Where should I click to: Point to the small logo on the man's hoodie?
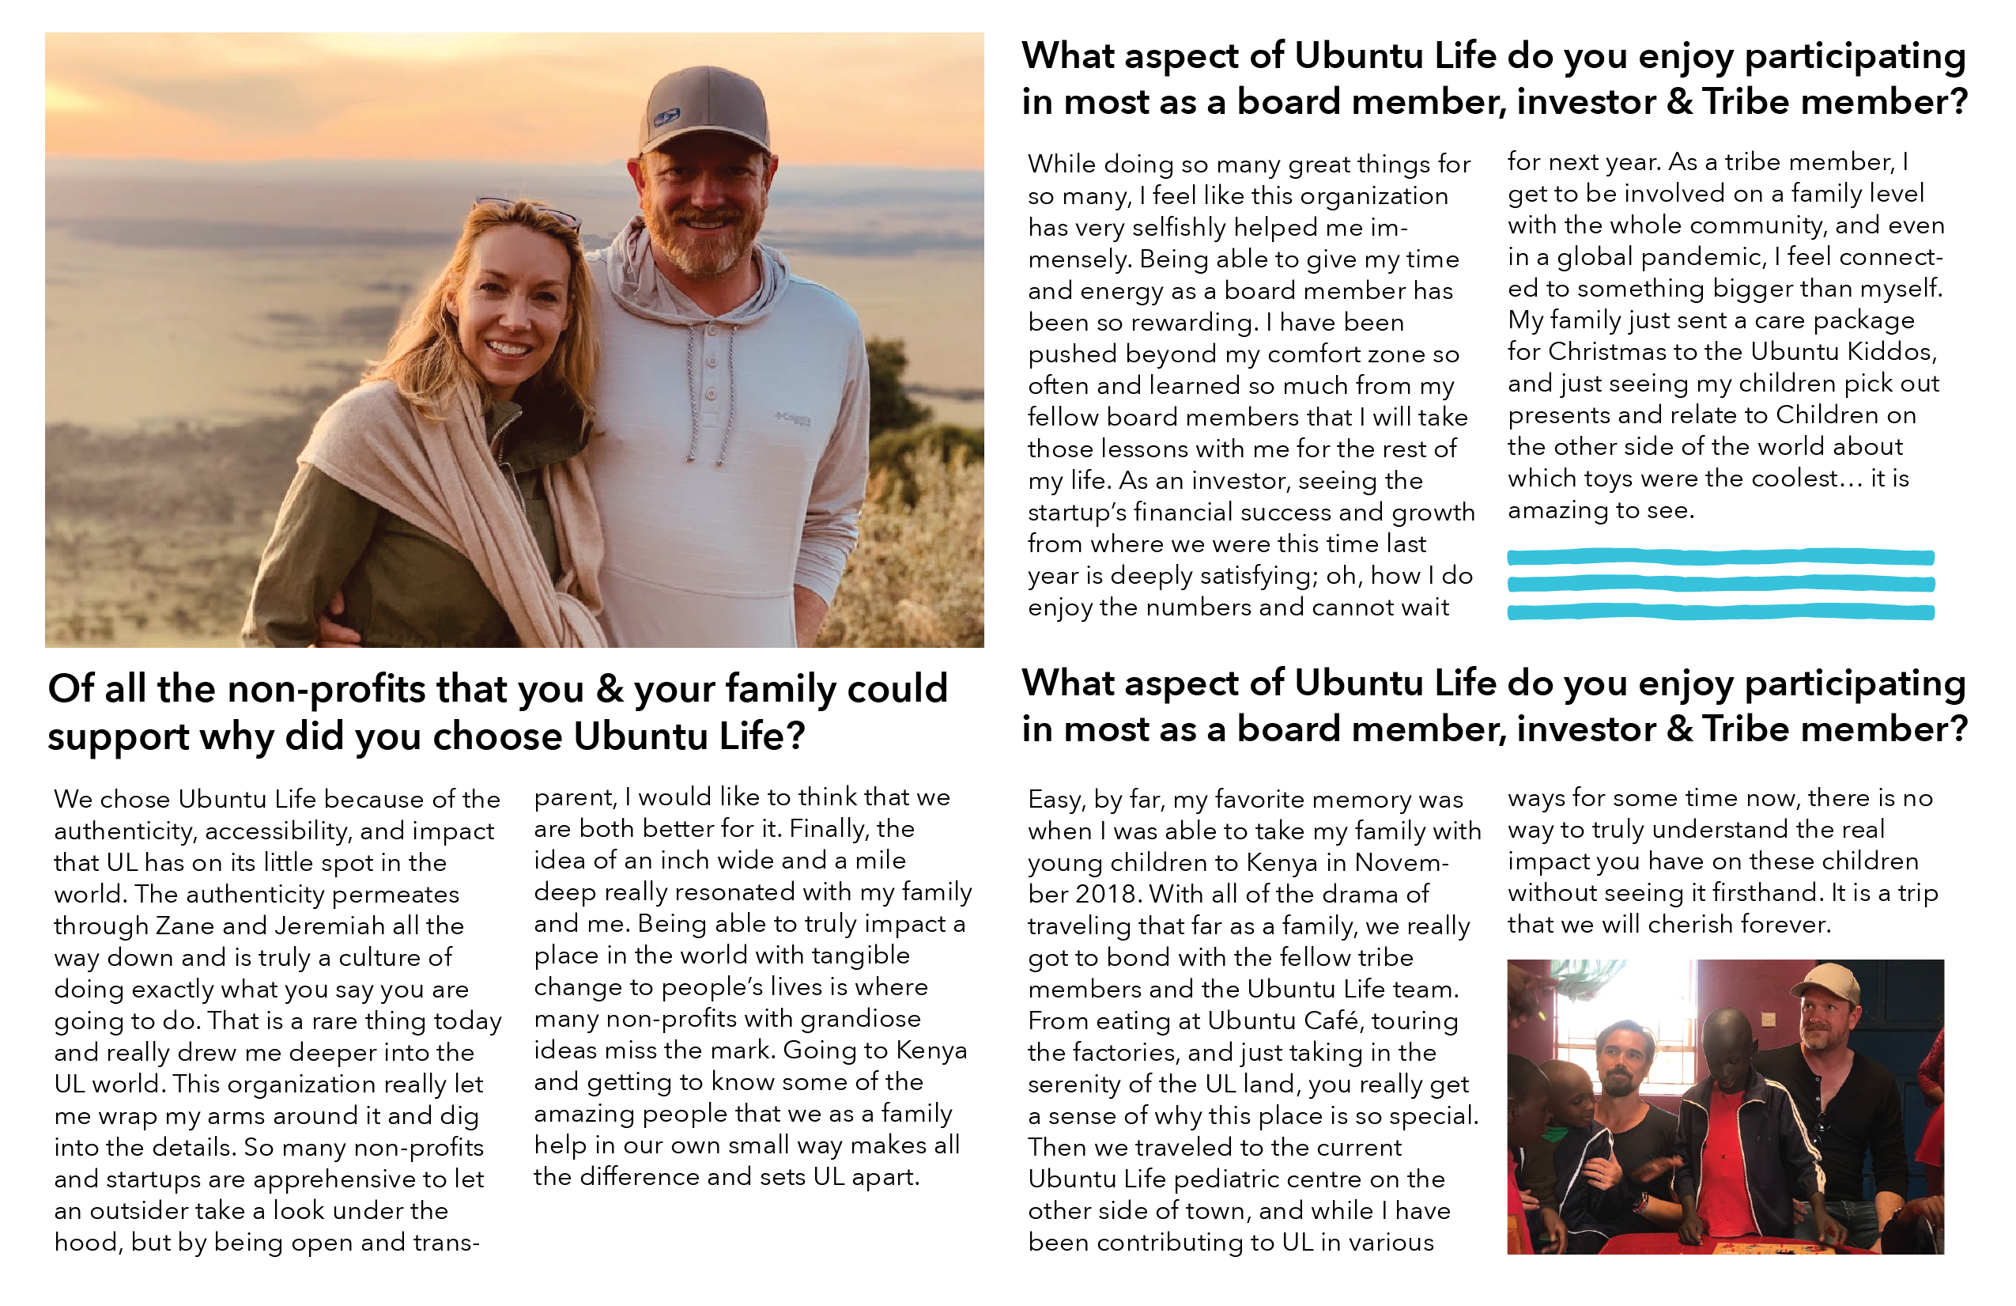(x=793, y=418)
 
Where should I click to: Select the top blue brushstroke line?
(x=1720, y=557)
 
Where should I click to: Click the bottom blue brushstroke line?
(x=1720, y=612)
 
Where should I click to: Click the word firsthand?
(x=1768, y=892)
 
